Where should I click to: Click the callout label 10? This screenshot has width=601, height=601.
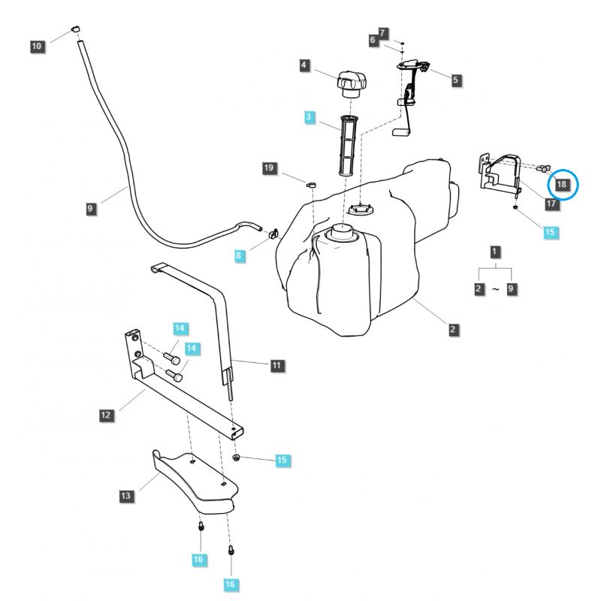pos(37,47)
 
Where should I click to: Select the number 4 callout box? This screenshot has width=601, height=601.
pos(304,66)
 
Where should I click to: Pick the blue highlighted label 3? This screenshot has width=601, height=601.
pos(309,117)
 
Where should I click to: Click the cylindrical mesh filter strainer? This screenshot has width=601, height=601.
pos(348,146)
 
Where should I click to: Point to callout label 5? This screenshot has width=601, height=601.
pos(456,78)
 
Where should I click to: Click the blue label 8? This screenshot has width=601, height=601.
pos(239,256)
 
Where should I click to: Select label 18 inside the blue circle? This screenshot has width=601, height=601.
pos(562,184)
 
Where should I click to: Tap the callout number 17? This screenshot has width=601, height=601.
pos(551,203)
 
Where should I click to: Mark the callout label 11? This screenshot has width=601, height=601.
pos(276,365)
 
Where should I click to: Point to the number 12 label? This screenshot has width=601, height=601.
pos(105,414)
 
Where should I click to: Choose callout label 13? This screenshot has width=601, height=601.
pos(126,495)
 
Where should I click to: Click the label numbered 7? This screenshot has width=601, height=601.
pos(383,33)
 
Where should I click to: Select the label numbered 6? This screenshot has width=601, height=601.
pos(373,40)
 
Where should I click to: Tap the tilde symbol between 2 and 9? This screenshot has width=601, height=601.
pos(495,288)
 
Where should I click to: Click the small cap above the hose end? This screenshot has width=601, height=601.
pos(75,29)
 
